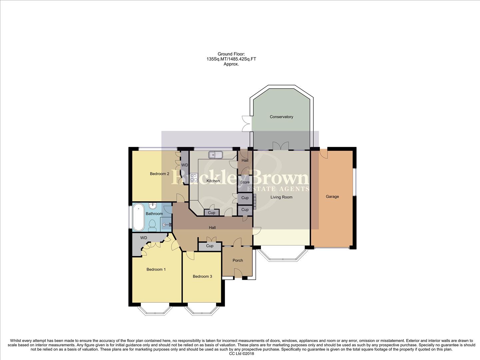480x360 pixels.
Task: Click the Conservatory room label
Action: [x=281, y=117]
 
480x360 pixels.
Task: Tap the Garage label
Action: [x=332, y=197]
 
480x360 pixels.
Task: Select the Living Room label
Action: [x=281, y=197]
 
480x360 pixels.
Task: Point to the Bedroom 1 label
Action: [x=156, y=269]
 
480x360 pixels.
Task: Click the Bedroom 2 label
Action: [x=159, y=174]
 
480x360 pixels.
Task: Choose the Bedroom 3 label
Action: [x=202, y=276]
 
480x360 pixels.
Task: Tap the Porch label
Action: [x=238, y=260]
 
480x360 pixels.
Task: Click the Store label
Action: [x=245, y=182]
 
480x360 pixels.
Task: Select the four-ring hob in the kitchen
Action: [x=194, y=178]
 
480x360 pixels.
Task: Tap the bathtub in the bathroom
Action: [x=139, y=218]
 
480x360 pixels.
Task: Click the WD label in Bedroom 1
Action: [x=143, y=238]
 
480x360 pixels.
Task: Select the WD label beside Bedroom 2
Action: [x=184, y=165]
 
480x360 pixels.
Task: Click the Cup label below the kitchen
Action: [x=211, y=213]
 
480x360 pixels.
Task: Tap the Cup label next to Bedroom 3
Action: [x=209, y=246]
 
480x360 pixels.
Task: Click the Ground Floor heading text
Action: [x=231, y=54]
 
